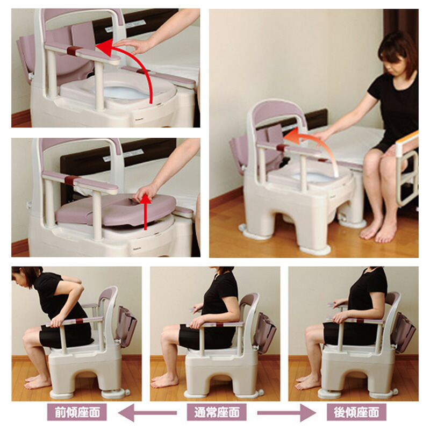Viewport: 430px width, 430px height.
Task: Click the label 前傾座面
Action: [77, 412]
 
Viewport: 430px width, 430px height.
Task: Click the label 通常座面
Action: [217, 412]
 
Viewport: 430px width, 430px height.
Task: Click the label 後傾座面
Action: [356, 412]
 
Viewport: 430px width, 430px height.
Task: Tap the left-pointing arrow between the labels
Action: [147, 412]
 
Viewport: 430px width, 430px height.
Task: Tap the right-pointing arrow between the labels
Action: [286, 412]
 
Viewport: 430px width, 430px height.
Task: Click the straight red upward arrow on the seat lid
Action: [145, 212]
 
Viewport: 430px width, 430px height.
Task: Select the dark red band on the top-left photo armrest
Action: [75, 51]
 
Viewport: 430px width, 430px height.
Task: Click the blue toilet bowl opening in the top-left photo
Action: [125, 92]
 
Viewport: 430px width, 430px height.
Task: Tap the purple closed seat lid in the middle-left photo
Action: [115, 209]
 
